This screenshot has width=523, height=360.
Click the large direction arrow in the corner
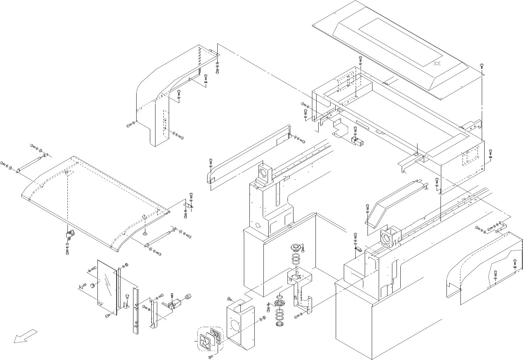tap(24, 336)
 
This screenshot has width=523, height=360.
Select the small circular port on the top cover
tap(436, 64)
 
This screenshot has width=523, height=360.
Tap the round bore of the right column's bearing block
tap(387, 239)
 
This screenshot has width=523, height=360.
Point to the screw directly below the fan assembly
tap(211, 356)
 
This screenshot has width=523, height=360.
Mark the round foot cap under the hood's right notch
tap(144, 232)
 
